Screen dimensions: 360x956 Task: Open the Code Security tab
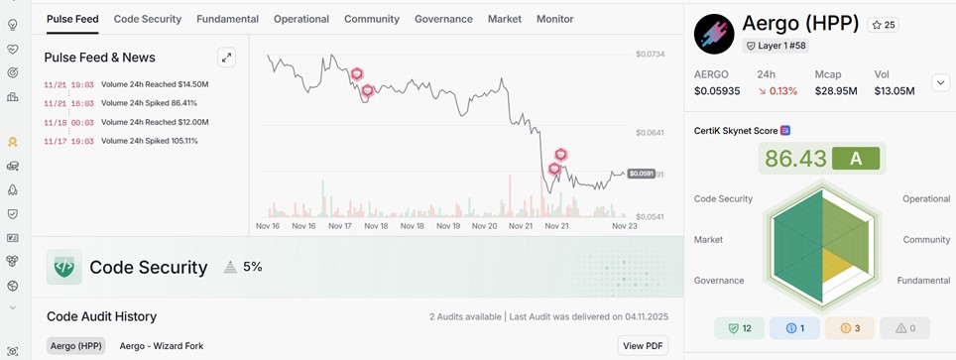(148, 19)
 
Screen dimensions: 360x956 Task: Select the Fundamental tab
(227, 19)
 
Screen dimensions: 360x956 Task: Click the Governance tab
(443, 19)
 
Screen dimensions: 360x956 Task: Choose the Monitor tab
(554, 19)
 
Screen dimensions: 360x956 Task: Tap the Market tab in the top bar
(504, 19)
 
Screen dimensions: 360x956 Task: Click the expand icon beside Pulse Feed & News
(227, 58)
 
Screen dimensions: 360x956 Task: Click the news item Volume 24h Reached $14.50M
(155, 84)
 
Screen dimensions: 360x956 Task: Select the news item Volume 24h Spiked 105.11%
(149, 141)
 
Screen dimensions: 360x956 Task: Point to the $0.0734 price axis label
(650, 54)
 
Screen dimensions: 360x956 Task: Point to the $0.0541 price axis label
(650, 216)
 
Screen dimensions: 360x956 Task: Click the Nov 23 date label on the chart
(624, 226)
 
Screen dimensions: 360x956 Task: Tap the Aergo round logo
(713, 34)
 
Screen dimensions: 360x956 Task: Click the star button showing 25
(883, 25)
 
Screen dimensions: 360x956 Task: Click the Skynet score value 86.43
(795, 159)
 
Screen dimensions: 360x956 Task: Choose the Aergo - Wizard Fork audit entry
(161, 346)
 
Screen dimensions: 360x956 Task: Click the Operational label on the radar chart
(925, 199)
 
